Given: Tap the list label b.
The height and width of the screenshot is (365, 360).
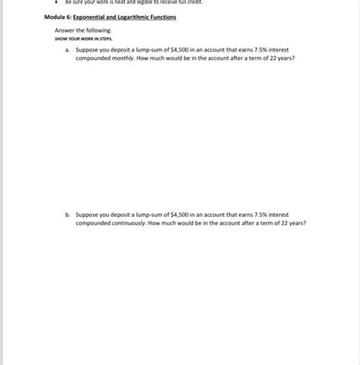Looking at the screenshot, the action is (68, 215).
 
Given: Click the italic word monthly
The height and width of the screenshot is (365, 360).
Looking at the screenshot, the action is (122, 57).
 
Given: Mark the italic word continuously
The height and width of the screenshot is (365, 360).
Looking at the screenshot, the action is (128, 223).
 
